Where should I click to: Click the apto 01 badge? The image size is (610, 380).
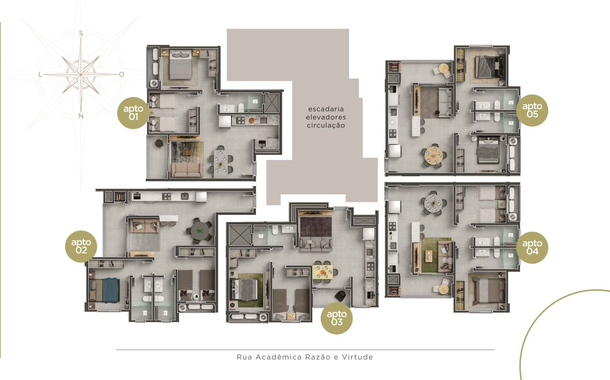tap(133, 113)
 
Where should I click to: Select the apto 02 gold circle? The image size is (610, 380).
tap(81, 246)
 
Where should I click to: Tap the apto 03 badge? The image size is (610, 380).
tap(337, 318)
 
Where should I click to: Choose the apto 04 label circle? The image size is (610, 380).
tap(532, 247)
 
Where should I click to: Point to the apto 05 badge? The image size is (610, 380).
tap(532, 110)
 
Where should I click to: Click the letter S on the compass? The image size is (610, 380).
tap(81, 33)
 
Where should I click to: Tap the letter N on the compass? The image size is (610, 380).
tap(81, 116)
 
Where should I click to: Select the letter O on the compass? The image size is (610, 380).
tap(121, 74)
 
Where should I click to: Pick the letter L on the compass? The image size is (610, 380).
tap(40, 75)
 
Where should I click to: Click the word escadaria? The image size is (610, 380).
tap(326, 109)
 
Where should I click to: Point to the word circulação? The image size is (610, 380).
tap(326, 126)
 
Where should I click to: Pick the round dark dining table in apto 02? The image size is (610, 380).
tap(200, 231)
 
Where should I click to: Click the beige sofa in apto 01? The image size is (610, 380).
tap(187, 170)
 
